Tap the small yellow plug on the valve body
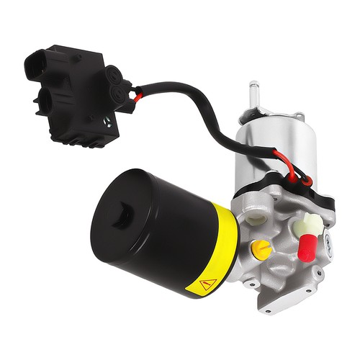tap(261, 250)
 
